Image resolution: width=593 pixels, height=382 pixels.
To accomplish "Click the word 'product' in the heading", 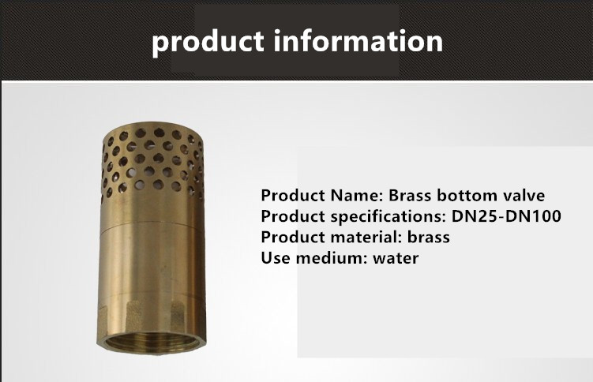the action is (208, 43).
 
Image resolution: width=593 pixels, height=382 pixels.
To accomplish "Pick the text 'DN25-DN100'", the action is (506, 216).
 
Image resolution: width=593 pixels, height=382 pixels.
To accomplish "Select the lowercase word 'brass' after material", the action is (429, 238).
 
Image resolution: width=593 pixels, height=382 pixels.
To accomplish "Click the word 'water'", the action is (396, 258).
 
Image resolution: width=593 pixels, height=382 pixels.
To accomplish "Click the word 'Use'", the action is (276, 258).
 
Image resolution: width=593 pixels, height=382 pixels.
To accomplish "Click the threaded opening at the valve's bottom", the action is (152, 342).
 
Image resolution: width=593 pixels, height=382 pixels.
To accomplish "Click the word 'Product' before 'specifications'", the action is (293, 216).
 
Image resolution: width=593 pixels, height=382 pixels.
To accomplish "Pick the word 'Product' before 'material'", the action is (293, 238).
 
